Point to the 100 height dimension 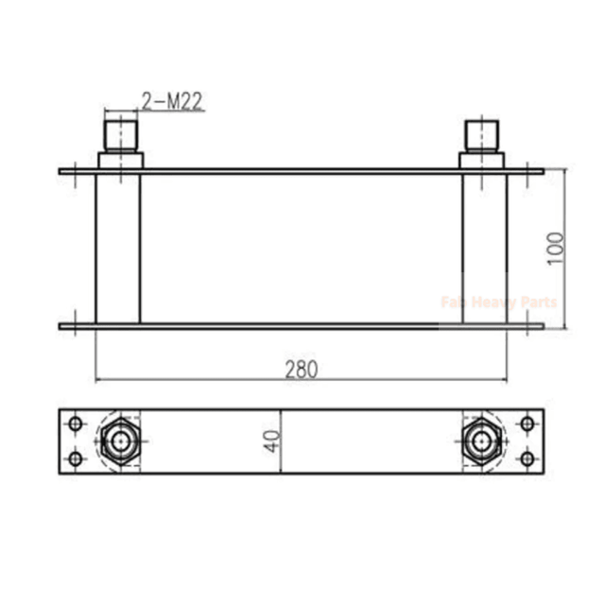point(555,248)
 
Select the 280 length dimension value point(302,368)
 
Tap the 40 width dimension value point(272,441)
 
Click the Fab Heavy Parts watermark point(498,302)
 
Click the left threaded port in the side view point(120,132)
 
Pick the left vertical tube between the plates point(118,248)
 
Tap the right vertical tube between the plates point(484,248)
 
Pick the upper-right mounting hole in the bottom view point(527,423)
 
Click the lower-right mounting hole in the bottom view point(527,458)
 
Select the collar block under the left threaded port point(120,160)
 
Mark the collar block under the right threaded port point(482,160)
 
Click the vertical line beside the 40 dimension point(281,441)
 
